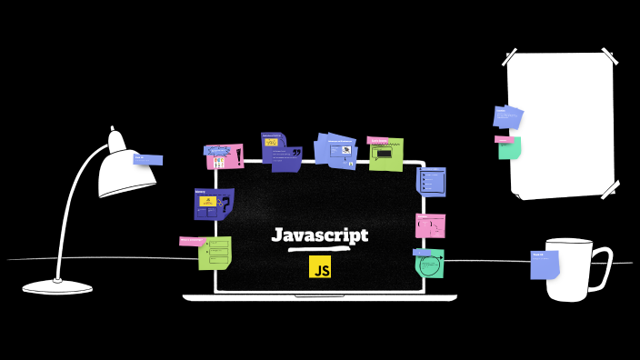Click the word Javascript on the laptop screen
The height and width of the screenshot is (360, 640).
pyautogui.click(x=320, y=235)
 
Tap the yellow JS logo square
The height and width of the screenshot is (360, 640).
pyautogui.click(x=320, y=266)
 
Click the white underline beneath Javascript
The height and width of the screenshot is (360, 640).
pyautogui.click(x=319, y=248)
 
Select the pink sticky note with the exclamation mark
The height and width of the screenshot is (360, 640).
pyautogui.click(x=225, y=156)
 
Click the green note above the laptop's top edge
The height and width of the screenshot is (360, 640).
pyautogui.click(x=385, y=155)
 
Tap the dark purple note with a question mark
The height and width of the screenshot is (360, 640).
pyautogui.click(x=214, y=204)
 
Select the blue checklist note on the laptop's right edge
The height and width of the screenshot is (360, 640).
pyautogui.click(x=431, y=181)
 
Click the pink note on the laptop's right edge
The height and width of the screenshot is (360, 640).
pyautogui.click(x=430, y=225)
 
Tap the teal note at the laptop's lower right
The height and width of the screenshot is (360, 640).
pyautogui.click(x=430, y=263)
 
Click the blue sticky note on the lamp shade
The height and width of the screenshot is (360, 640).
pyautogui.click(x=148, y=160)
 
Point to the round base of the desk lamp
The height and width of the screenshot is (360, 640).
pyautogui.click(x=58, y=286)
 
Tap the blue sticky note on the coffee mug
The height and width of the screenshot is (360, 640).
pyautogui.click(x=545, y=265)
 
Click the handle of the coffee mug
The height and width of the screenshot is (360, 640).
pyautogui.click(x=601, y=267)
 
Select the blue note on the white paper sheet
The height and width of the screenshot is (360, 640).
pyautogui.click(x=507, y=116)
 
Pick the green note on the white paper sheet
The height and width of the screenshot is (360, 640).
pyautogui.click(x=509, y=147)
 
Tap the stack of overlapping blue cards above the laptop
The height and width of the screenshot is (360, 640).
pyautogui.click(x=335, y=150)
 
